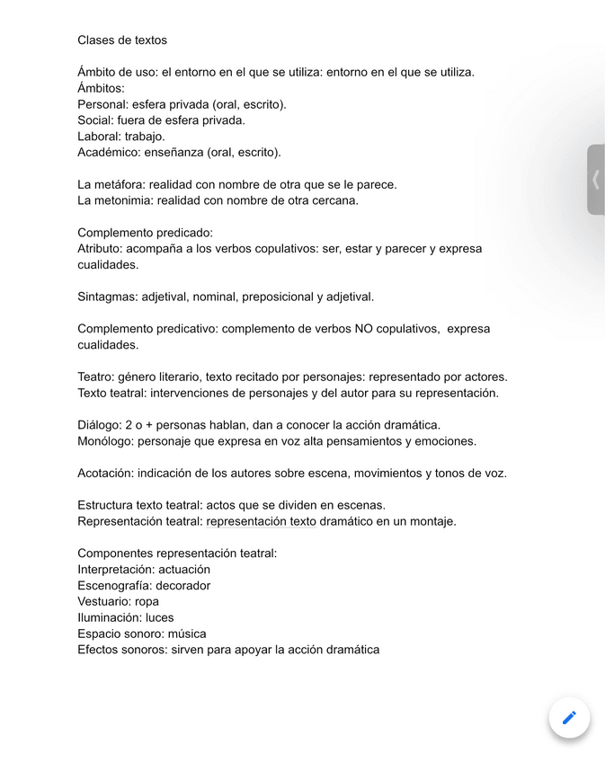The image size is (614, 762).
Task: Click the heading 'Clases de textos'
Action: (122, 40)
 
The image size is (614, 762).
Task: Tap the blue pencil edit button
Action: (569, 717)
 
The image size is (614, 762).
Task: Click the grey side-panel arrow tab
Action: (595, 180)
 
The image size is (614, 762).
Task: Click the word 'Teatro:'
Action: (96, 377)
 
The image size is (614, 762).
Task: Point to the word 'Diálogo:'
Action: (100, 425)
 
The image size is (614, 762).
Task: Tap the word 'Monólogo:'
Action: (109, 441)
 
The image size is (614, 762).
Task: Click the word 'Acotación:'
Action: (108, 474)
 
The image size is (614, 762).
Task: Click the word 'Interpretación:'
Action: (116, 570)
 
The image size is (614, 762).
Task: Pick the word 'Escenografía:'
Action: (113, 586)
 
